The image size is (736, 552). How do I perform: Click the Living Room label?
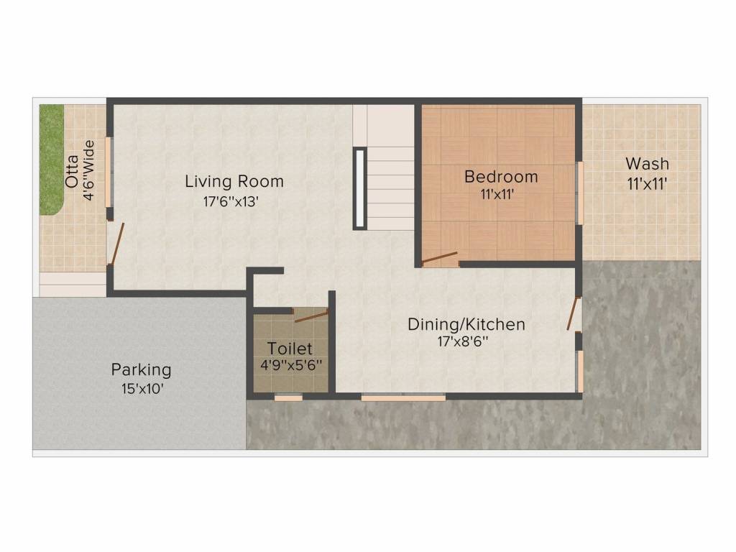click(234, 181)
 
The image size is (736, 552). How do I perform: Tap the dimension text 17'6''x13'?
click(231, 202)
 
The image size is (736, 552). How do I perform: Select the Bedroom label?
click(501, 176)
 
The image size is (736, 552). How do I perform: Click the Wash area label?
click(647, 163)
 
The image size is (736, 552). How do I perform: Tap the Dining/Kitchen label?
click(466, 324)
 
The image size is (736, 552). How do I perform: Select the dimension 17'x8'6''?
click(464, 342)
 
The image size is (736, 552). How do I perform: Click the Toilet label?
click(290, 349)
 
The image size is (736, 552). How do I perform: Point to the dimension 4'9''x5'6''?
click(290, 364)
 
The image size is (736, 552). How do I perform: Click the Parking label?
click(141, 369)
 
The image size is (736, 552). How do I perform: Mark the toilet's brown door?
click(311, 315)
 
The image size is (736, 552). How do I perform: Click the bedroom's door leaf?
click(439, 258)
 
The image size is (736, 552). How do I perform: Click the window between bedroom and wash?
click(579, 193)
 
